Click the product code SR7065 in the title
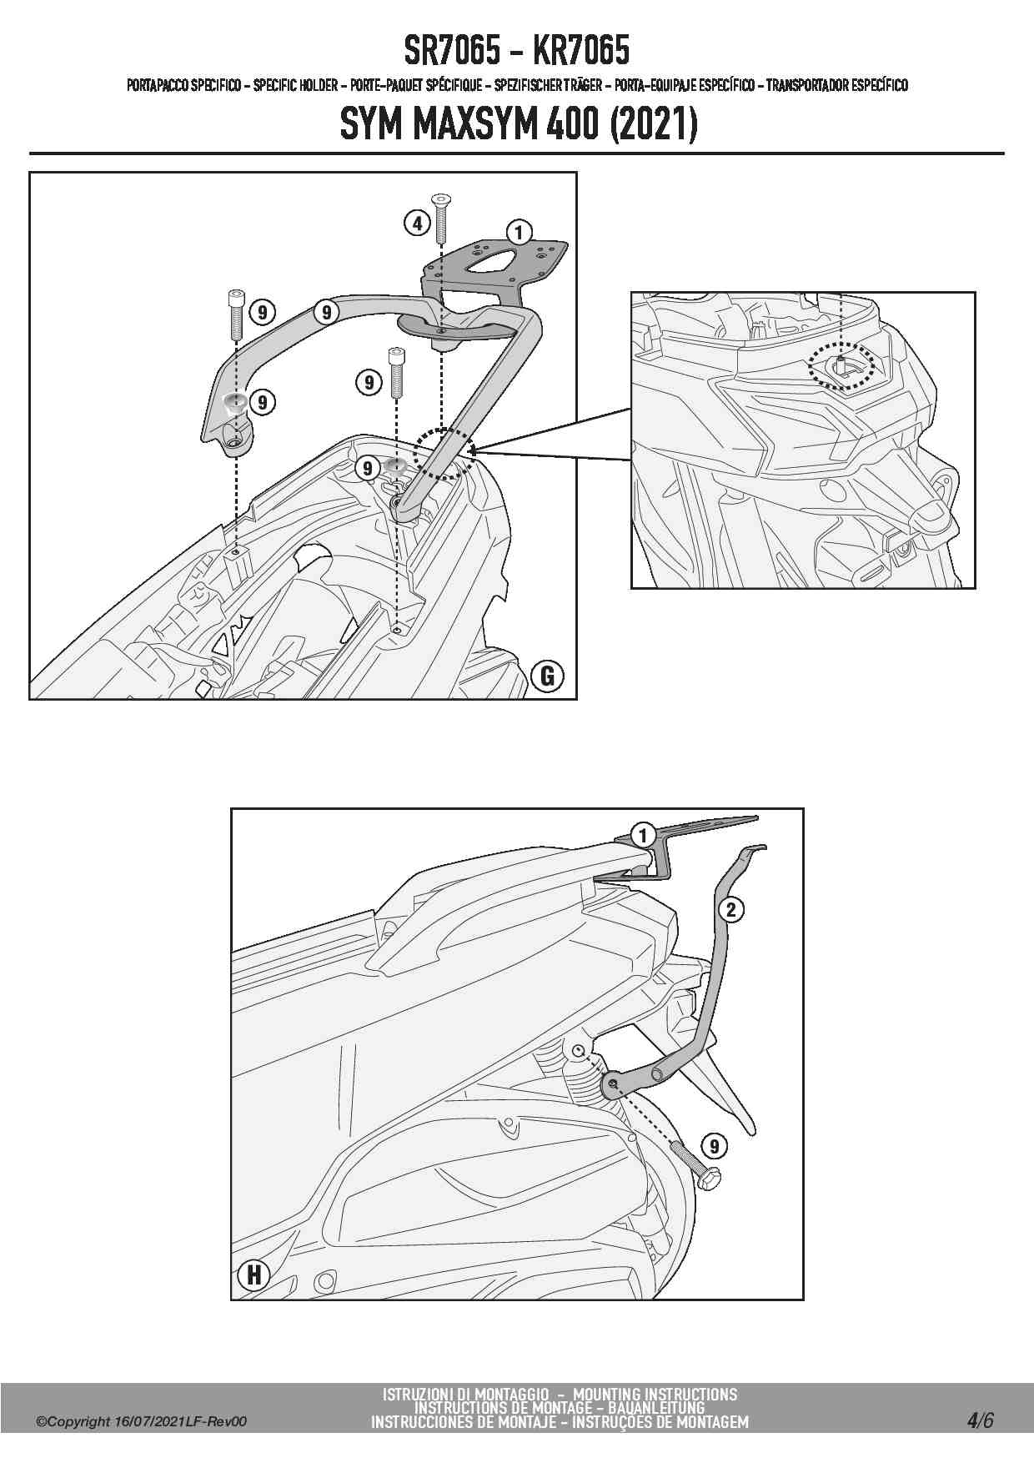(x=453, y=52)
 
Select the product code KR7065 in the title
(x=580, y=52)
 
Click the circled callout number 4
(x=417, y=223)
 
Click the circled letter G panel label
(x=548, y=675)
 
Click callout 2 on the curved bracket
(x=730, y=909)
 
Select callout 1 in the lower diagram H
(x=641, y=834)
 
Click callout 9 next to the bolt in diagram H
(x=714, y=1146)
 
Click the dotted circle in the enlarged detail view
(x=844, y=364)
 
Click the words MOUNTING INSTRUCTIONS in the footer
(x=655, y=1394)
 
